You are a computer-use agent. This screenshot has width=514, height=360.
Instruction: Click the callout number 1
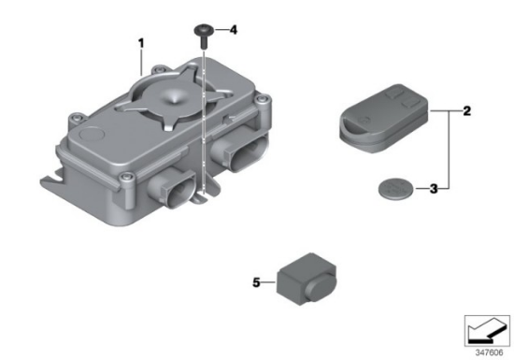coord(141,43)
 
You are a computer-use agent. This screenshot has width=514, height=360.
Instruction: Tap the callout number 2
coord(466,111)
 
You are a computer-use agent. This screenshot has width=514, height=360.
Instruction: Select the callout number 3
coord(434,189)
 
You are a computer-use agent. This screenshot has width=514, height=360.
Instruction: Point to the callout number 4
coord(233,30)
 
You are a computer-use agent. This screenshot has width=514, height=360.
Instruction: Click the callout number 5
coord(256,282)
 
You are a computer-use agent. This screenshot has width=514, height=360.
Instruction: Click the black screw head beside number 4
coord(204,30)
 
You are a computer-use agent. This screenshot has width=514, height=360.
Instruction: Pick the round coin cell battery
coord(396,188)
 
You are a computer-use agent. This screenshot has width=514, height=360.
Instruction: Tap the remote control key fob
coord(383,118)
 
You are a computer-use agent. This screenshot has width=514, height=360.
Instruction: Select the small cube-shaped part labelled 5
coord(307,280)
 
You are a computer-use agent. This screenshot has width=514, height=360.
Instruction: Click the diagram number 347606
coord(489,353)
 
